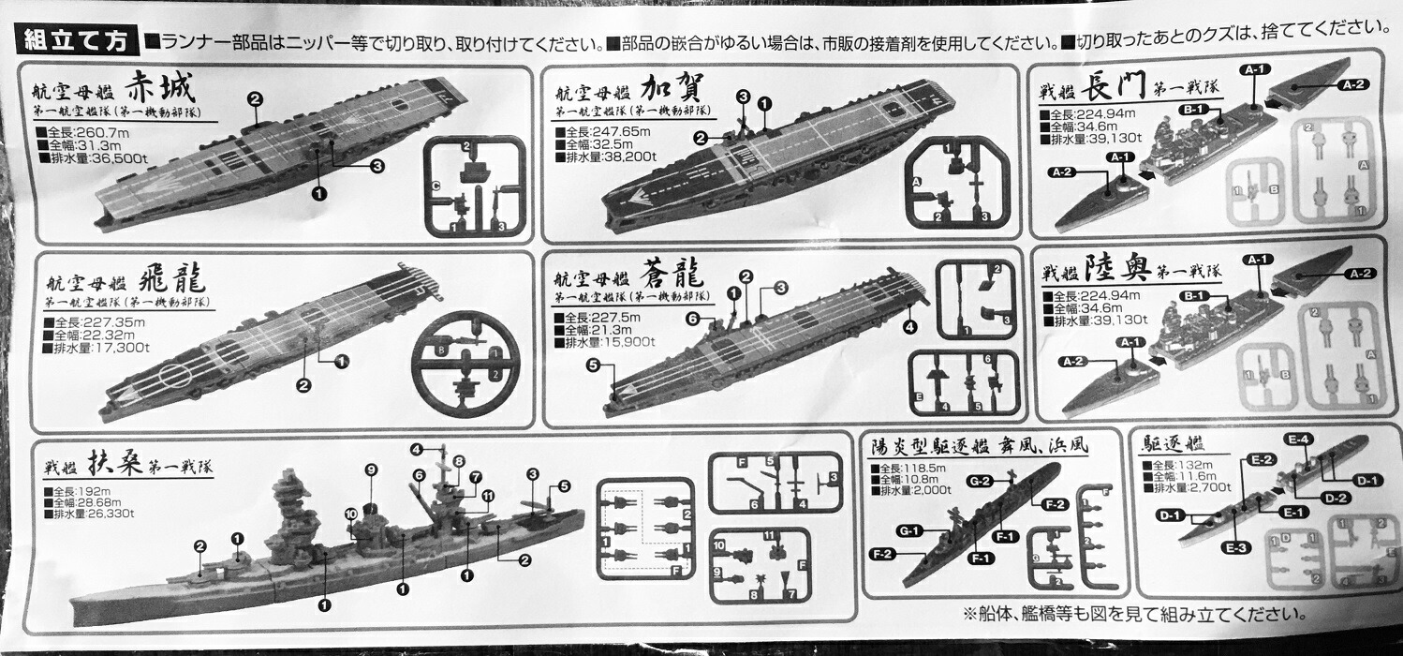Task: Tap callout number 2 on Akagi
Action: (x=255, y=98)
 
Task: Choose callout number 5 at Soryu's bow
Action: (x=593, y=366)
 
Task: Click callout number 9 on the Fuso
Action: (x=370, y=469)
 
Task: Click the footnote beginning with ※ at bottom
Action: (x=1133, y=614)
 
